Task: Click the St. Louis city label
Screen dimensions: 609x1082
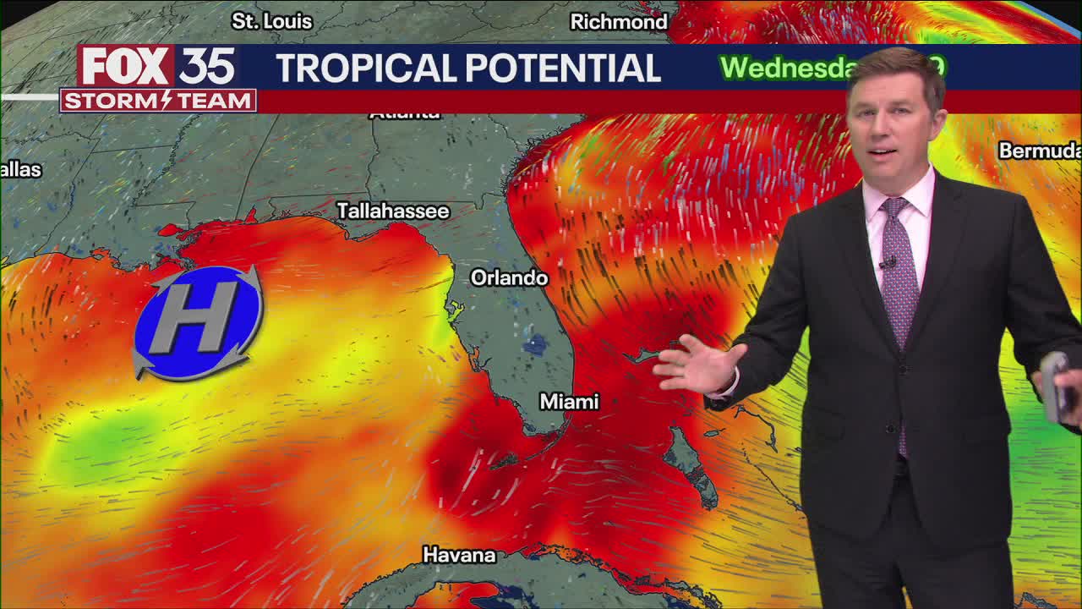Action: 271,21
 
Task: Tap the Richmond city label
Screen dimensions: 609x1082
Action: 618,22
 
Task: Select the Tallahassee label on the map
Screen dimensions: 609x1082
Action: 392,211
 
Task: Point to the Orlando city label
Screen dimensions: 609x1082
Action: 509,277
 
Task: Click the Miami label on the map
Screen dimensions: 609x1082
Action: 569,402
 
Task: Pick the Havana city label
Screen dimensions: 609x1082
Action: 458,555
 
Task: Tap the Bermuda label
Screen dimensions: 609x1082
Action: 1039,151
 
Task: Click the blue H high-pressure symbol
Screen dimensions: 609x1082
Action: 198,321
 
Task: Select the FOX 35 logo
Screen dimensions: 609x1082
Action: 157,66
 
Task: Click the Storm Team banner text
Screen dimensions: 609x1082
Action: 158,101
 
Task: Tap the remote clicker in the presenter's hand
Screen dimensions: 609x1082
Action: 1056,385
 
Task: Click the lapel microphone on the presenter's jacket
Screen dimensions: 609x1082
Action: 886,264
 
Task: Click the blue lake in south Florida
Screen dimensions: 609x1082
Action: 534,344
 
